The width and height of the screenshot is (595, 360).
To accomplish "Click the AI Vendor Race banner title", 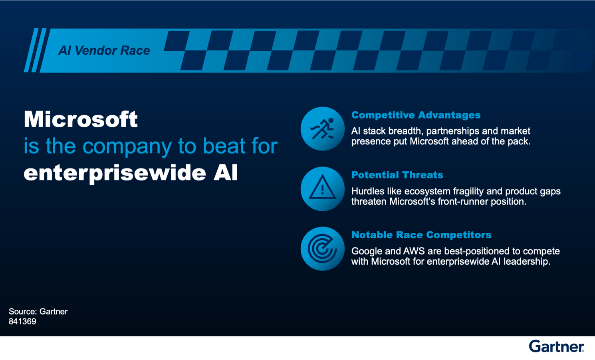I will (x=104, y=51).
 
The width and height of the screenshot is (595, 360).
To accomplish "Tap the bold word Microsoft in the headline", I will (x=81, y=119).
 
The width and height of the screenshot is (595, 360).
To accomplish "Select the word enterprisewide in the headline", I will (x=115, y=173).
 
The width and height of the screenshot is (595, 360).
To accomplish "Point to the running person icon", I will (x=322, y=129).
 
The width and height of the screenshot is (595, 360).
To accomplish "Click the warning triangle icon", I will (x=322, y=188).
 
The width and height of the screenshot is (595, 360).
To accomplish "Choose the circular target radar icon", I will (x=322, y=249).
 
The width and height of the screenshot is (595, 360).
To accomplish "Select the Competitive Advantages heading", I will (x=416, y=115).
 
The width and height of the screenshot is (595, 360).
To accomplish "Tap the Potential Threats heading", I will (x=397, y=175).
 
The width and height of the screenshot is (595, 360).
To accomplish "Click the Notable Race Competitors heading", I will (x=421, y=235).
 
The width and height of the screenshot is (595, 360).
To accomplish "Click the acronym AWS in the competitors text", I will (x=414, y=251).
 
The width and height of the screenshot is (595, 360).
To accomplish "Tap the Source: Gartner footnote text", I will (x=38, y=311).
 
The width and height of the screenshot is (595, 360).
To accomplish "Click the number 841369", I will (x=22, y=322).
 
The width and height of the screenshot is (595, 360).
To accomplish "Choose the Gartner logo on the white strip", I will (x=556, y=346).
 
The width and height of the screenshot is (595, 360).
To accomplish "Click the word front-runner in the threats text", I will (x=463, y=202).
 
